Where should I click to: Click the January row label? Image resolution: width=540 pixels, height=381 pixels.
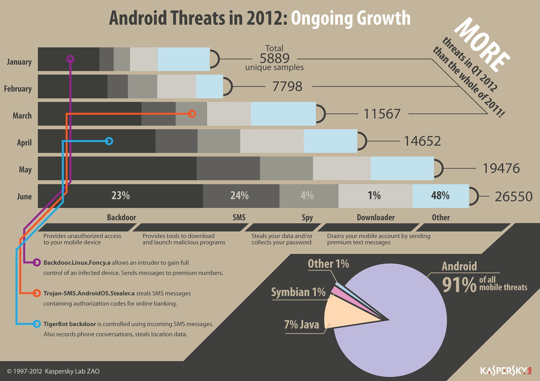coord(19,62)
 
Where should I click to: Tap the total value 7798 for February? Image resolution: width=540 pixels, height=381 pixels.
coord(287,87)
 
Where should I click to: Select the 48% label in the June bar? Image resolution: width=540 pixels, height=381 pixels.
coord(440,196)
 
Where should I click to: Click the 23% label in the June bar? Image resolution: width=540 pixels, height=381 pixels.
coord(120,196)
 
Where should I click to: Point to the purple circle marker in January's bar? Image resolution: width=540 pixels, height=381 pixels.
coord(70,59)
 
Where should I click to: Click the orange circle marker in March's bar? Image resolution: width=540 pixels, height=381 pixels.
coord(192,114)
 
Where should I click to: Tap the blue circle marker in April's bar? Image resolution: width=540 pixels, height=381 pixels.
coord(109,141)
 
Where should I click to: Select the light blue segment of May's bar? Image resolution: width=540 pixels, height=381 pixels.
coord(402,168)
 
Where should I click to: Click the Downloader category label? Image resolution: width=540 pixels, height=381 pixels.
coord(376,217)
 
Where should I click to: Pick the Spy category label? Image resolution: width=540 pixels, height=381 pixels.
coord(307,217)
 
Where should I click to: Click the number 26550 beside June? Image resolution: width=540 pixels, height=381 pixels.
coord(513,197)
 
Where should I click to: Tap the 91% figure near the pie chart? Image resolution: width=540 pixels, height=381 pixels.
coord(459,285)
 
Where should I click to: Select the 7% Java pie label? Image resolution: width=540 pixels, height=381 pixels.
coord(301,324)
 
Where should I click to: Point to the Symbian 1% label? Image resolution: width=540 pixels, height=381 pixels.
coord(298,292)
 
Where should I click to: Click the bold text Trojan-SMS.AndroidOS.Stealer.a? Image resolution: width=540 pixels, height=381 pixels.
coord(89,293)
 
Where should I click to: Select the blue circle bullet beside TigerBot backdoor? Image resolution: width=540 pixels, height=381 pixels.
coord(37,324)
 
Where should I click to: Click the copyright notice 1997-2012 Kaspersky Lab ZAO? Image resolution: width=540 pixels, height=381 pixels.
coord(53,371)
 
